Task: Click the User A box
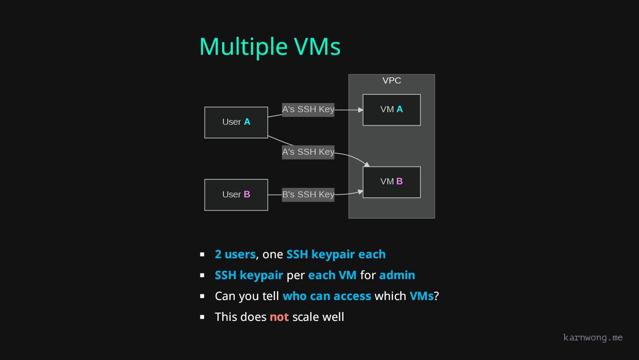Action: pos(236,123)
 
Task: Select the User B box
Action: pos(236,195)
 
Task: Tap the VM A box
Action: pos(391,110)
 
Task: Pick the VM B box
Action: pos(391,182)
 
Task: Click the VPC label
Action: pos(392,80)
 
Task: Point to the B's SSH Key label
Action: pos(308,194)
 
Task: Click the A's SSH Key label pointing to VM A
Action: pos(308,109)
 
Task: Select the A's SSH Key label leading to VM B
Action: pos(308,152)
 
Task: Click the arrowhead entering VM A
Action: pos(360,110)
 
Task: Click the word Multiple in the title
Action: pos(243,47)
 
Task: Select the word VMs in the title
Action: pos(317,47)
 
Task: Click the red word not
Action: pos(279,317)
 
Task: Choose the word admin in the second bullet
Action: pos(397,275)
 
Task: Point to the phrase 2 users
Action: pos(235,254)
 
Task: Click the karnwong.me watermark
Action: pos(592,337)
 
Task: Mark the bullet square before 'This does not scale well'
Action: pos(202,317)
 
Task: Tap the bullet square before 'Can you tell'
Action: pos(202,296)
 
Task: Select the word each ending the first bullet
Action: pos(372,254)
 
